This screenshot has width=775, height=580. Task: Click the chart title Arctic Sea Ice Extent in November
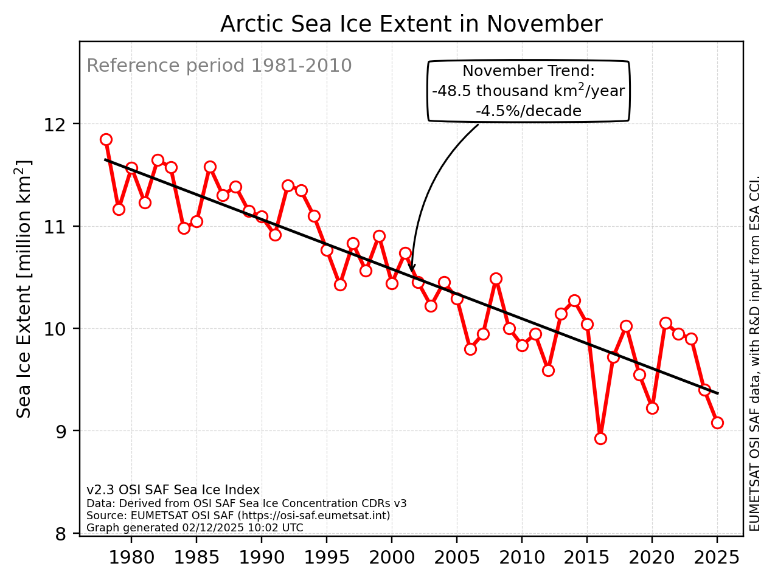(411, 24)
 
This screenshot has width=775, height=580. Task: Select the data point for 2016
(600, 438)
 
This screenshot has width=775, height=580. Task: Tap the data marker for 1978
(106, 139)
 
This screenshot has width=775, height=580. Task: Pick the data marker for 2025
(717, 423)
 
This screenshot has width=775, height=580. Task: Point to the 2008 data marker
(496, 278)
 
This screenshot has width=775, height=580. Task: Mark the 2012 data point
(548, 370)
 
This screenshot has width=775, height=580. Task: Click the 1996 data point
(340, 285)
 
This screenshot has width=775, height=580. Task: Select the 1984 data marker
(184, 228)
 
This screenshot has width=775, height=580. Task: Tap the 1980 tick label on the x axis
(131, 558)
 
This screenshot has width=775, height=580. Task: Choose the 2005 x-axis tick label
(457, 558)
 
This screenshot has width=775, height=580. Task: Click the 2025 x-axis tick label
(717, 558)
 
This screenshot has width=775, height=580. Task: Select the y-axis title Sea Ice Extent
(24, 289)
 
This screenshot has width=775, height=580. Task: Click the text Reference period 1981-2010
(219, 66)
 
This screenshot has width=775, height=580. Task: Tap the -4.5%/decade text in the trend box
(528, 111)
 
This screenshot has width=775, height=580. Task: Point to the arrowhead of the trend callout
(412, 269)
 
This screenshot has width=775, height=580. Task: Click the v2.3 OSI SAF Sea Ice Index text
(173, 490)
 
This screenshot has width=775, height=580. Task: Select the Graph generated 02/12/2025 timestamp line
(195, 528)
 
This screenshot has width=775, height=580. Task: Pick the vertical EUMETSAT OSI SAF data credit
(755, 353)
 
